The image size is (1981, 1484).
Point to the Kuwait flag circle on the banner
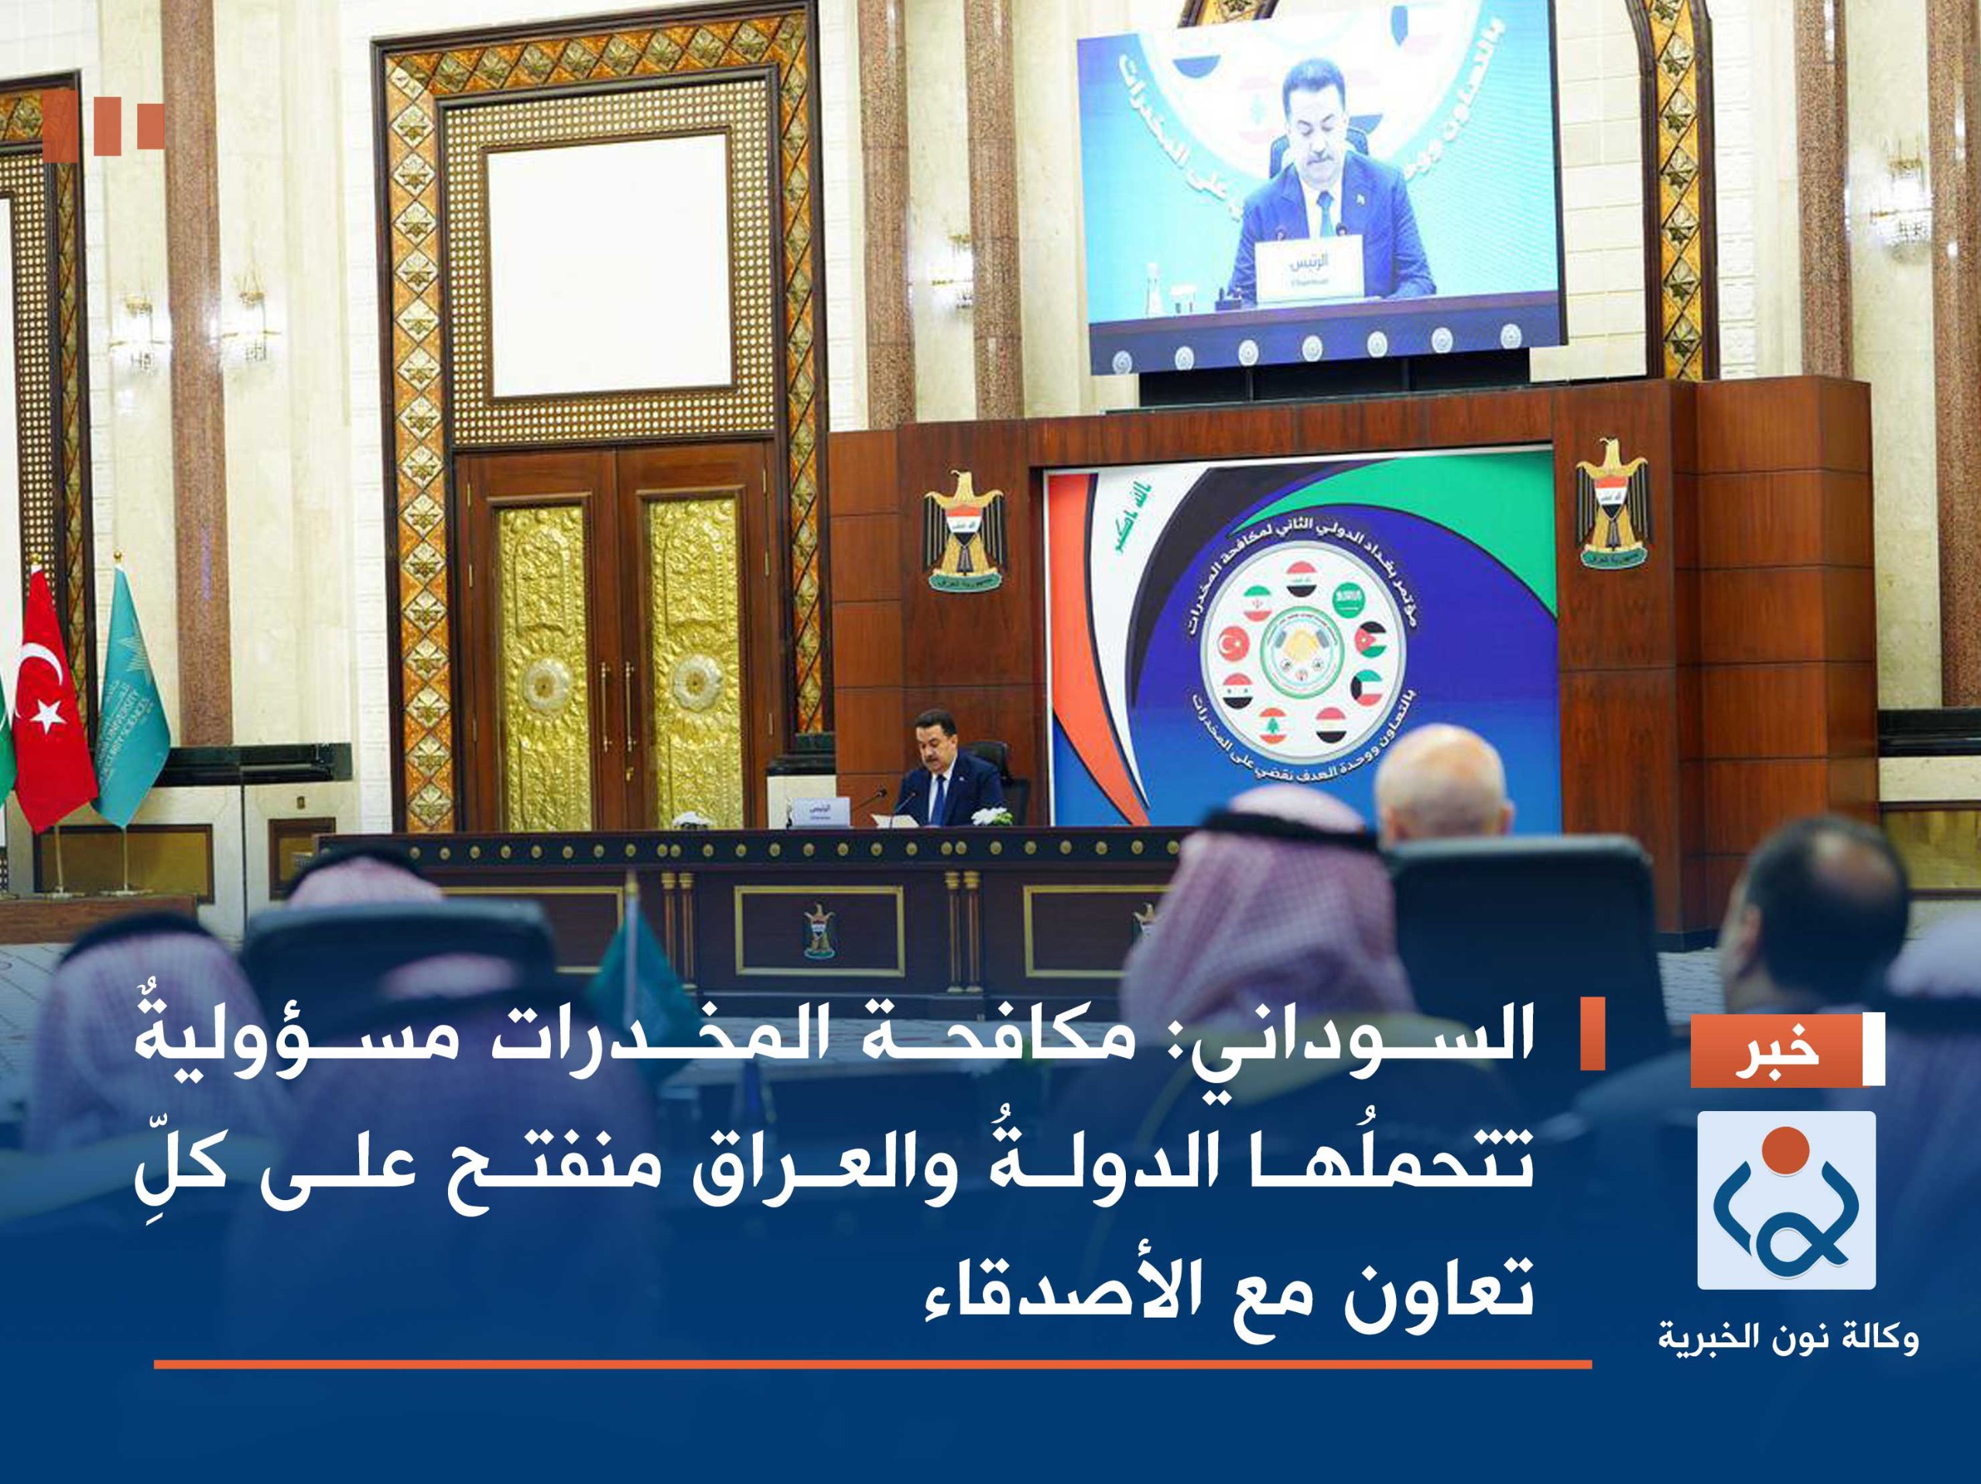coord(1370,686)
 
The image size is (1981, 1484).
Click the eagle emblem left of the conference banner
coord(964,528)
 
